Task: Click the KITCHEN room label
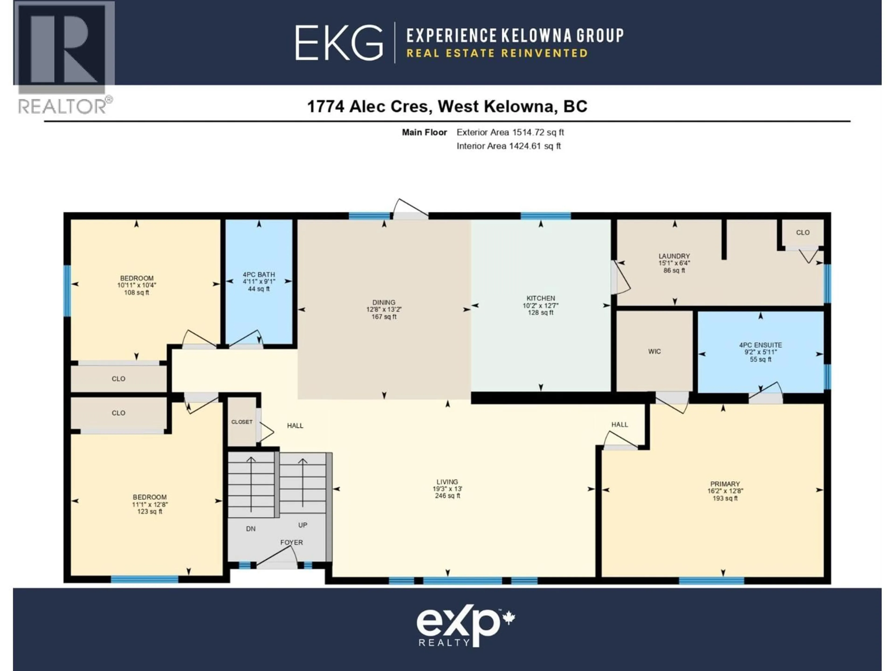540,298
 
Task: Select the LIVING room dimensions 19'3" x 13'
447,489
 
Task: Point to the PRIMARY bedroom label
725,484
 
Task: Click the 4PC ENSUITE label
760,345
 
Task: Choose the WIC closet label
654,352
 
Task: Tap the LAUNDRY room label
674,256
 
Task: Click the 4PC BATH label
258,275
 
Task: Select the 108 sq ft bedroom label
137,278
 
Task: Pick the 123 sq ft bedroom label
149,497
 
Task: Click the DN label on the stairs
251,529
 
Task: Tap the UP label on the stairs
303,525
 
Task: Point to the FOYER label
291,542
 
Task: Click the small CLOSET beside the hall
242,422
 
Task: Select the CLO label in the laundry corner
803,233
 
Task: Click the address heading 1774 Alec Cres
447,106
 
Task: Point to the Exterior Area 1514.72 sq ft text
510,132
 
